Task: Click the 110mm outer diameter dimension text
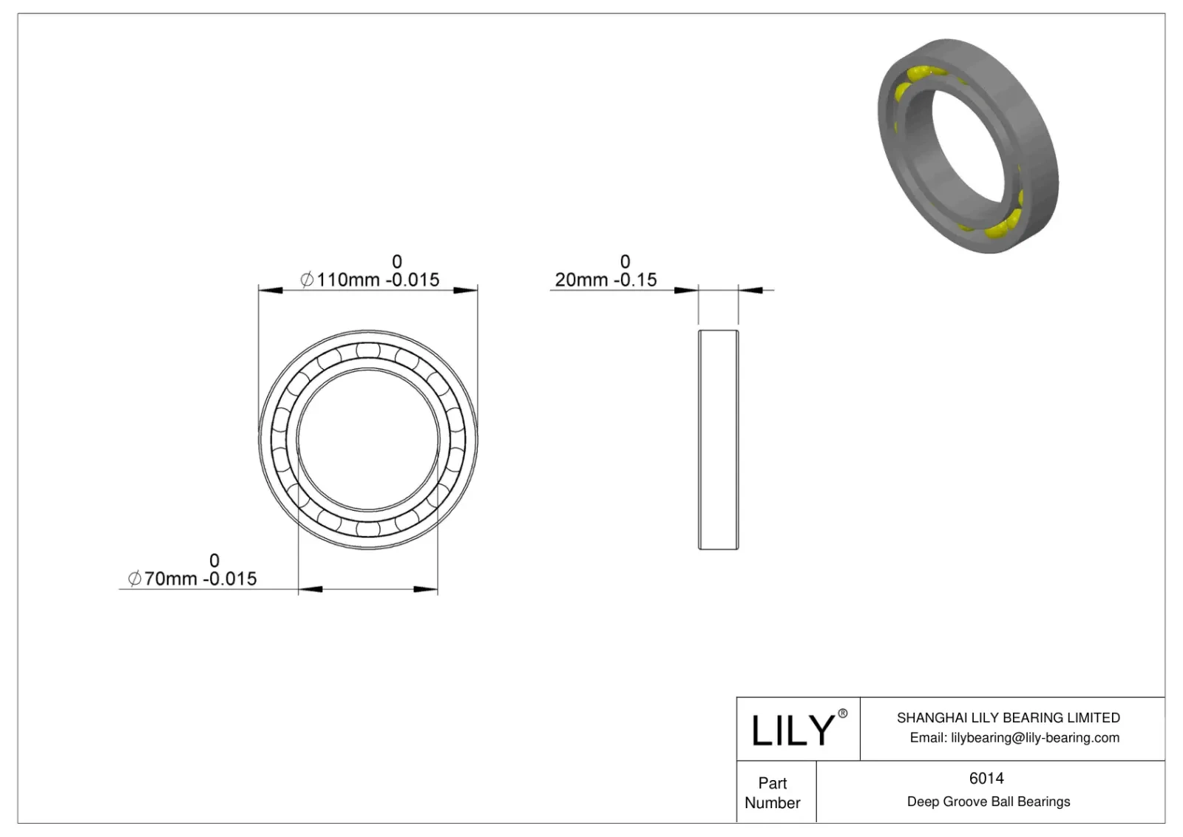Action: (x=370, y=280)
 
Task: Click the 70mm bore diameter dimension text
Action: (x=193, y=579)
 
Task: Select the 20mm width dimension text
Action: (x=606, y=280)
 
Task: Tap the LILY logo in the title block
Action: (x=793, y=731)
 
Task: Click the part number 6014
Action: (x=986, y=779)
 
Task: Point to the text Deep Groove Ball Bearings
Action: (x=989, y=802)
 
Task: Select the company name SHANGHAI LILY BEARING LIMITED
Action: (x=1009, y=718)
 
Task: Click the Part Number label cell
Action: (x=773, y=793)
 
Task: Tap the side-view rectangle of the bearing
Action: (x=718, y=440)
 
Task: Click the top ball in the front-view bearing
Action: (x=368, y=350)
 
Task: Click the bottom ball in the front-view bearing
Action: (x=368, y=529)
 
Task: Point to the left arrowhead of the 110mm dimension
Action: (x=271, y=290)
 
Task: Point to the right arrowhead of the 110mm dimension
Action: (x=465, y=290)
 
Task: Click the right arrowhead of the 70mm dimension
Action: (x=425, y=589)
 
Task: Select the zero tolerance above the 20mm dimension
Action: (x=625, y=262)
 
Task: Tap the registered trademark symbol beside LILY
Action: (x=842, y=714)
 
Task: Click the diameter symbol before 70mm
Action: (x=135, y=579)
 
